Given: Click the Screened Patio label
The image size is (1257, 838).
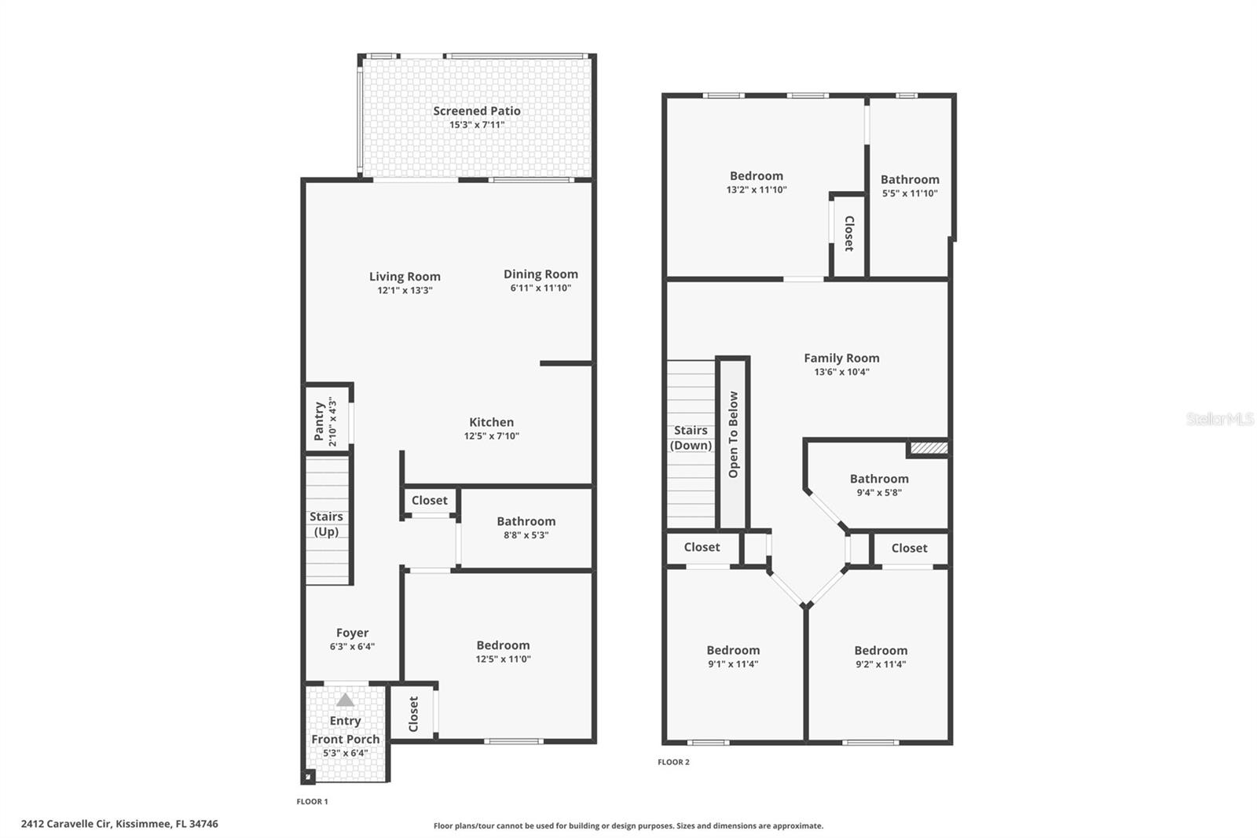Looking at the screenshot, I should click(477, 111).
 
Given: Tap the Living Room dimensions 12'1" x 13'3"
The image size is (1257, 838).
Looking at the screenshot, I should click(405, 290).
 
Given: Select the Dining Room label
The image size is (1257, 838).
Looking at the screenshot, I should click(541, 274).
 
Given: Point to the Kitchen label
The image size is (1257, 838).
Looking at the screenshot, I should click(491, 422).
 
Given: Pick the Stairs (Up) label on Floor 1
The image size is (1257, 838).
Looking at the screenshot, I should click(326, 524).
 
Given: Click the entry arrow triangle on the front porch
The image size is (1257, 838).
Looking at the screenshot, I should click(345, 700).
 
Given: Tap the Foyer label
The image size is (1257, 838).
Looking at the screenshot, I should click(352, 632).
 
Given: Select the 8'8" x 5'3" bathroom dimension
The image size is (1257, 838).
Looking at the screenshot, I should click(526, 535).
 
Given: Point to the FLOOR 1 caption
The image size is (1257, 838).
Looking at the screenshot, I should click(312, 801).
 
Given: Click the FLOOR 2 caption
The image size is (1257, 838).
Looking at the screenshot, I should click(673, 762).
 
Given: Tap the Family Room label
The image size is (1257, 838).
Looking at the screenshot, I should click(841, 358).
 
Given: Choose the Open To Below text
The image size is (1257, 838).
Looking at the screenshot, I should click(734, 435).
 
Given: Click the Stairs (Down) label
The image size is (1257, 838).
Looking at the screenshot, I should click(691, 438).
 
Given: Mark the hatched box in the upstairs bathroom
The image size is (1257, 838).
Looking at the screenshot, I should click(929, 448).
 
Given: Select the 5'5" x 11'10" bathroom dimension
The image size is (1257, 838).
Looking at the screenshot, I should click(910, 193).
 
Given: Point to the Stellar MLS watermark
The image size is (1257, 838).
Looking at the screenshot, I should click(1219, 419).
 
